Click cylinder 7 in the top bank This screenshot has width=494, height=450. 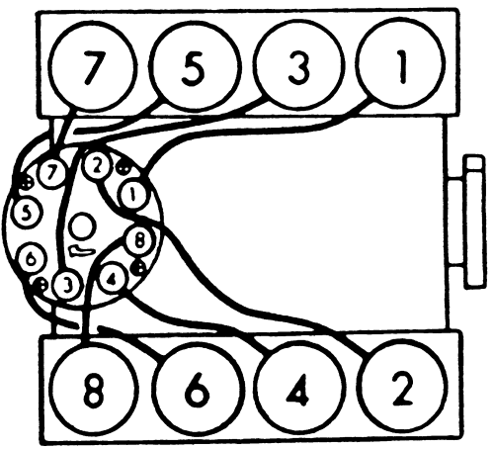[x=92, y=67]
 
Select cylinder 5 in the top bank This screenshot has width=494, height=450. [x=194, y=66]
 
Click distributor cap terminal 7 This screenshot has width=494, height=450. [x=51, y=174]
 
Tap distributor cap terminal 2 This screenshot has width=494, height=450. [x=95, y=167]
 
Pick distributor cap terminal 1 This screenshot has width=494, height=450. [x=132, y=195]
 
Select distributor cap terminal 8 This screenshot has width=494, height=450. [x=139, y=240]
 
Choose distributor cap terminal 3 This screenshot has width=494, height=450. [x=67, y=286]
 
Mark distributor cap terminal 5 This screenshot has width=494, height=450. [x=27, y=213]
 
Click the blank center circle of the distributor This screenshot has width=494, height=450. [x=82, y=225]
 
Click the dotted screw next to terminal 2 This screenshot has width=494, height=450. [x=123, y=169]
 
